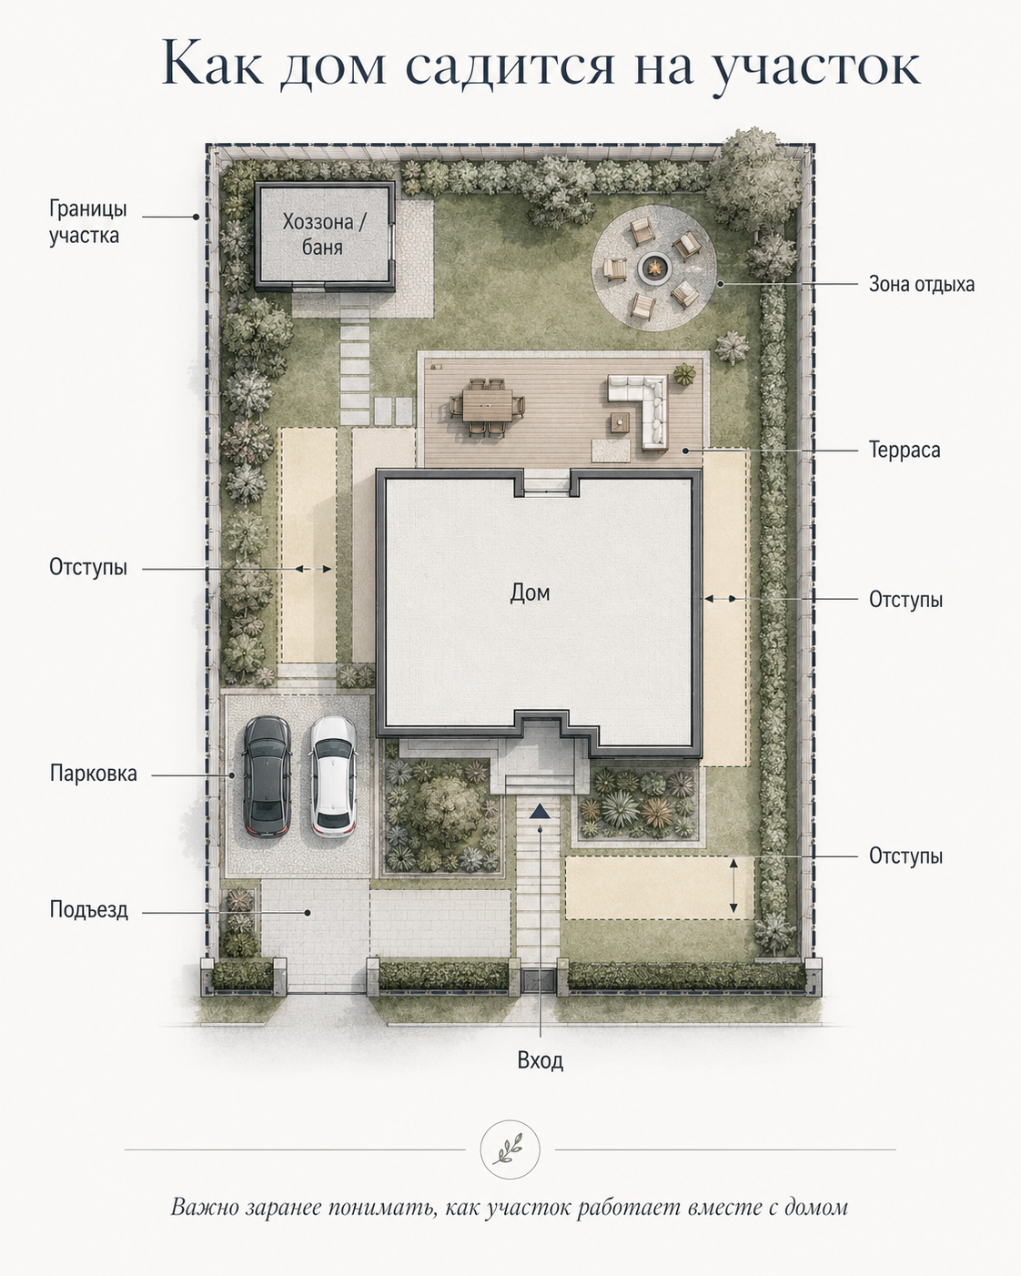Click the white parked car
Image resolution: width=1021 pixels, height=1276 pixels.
(333, 776)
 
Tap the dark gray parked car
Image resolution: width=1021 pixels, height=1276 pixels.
(268, 776)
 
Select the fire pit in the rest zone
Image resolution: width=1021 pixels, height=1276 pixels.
(653, 268)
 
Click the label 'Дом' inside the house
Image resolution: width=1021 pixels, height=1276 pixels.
(531, 592)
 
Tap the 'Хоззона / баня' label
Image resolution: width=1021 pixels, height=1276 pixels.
(324, 234)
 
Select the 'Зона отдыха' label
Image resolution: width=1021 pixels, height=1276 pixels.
(922, 285)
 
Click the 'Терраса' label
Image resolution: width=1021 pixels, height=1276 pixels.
(905, 450)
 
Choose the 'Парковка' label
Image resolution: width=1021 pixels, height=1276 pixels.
(93, 774)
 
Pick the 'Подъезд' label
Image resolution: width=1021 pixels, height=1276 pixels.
(88, 909)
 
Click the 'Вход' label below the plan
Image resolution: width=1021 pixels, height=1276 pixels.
(541, 1060)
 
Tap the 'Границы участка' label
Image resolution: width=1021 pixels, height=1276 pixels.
(87, 222)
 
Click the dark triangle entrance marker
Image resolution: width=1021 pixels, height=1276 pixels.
(540, 811)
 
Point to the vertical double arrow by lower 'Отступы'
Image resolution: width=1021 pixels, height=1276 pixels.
(733, 886)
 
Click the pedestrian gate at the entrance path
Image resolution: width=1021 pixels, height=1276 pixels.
(539, 981)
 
